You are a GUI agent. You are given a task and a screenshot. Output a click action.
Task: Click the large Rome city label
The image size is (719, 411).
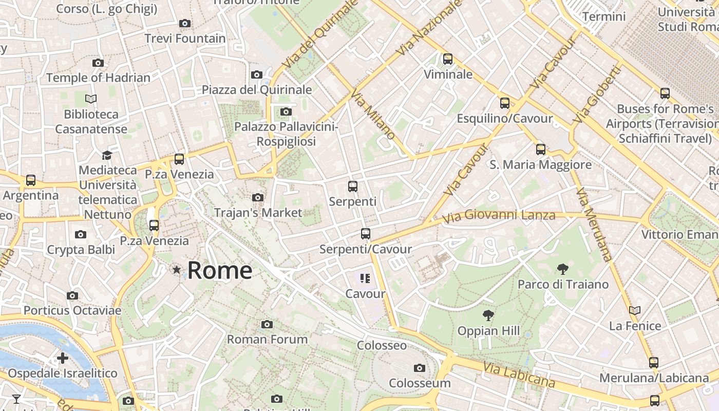(220, 270)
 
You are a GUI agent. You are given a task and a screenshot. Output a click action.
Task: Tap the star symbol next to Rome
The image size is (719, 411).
(177, 269)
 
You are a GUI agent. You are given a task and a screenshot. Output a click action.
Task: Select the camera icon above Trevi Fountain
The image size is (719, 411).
(185, 23)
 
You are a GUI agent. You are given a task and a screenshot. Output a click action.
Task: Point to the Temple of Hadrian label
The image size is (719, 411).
(98, 78)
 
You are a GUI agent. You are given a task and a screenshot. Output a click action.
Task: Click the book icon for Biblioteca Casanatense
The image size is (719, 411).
(91, 99)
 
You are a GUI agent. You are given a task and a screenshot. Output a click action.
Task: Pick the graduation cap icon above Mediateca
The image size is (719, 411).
(107, 155)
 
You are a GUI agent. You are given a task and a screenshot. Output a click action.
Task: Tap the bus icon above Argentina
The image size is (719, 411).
(31, 180)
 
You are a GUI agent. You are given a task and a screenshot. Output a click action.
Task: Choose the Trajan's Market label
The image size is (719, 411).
(258, 212)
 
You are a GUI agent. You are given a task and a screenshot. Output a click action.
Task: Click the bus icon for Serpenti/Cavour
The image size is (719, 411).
(365, 234)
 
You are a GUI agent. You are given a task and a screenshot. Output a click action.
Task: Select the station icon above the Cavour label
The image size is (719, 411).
(365, 278)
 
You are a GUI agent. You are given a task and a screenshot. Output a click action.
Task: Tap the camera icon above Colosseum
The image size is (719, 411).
(420, 368)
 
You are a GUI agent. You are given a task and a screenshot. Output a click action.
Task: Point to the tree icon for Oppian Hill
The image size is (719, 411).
(488, 315)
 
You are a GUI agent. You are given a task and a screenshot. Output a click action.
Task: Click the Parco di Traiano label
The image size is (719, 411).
(563, 284)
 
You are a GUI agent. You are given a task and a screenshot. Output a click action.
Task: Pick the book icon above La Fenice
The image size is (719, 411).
(635, 310)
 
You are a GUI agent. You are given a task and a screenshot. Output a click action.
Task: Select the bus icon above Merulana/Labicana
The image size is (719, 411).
(654, 363)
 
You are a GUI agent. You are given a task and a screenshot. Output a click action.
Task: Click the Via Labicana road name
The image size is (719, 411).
(519, 375)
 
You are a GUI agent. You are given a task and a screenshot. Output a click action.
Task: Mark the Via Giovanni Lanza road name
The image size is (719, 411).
(499, 216)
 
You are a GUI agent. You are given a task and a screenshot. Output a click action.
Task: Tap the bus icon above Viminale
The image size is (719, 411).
(448, 59)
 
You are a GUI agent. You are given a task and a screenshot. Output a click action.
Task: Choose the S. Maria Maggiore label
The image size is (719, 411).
(540, 165)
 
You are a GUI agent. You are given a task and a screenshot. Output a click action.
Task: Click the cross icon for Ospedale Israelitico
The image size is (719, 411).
(63, 358)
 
